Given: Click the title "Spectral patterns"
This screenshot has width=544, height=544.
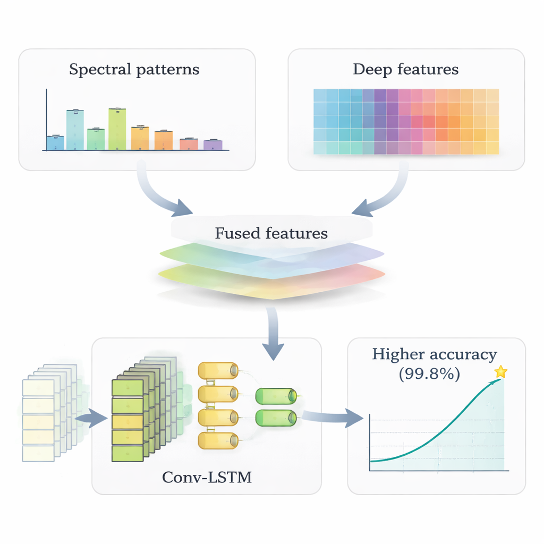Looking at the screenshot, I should [134, 70].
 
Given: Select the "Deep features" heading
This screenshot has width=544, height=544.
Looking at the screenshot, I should [405, 70].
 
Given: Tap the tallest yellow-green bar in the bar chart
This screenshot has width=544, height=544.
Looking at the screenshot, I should [117, 129].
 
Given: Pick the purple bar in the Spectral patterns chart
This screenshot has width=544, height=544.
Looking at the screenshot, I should [212, 144].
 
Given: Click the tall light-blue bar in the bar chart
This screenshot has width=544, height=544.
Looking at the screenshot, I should [75, 130].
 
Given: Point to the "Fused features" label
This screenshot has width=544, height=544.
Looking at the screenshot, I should [271, 233].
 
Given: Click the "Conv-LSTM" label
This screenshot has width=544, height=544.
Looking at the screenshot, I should [207, 478].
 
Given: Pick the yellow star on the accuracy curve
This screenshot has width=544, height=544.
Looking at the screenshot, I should [500, 372].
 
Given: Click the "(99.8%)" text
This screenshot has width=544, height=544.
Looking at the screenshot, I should [429, 373].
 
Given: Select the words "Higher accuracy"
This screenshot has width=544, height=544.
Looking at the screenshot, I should [435, 354].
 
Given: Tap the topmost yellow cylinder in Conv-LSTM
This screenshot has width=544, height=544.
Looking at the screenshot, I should [218, 370].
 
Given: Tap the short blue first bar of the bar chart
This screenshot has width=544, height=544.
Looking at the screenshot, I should [55, 143].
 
